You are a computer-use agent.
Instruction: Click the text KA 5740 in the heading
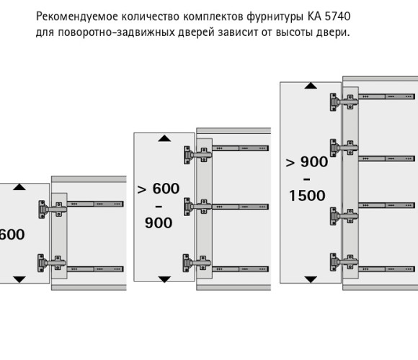(x=329, y=17)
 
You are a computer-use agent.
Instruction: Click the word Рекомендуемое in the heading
(x=77, y=17)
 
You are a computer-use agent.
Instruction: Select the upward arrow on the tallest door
(x=311, y=86)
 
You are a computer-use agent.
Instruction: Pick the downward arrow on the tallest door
(x=311, y=279)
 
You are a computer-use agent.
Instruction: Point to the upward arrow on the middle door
(x=164, y=138)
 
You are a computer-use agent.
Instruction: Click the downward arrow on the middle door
(x=164, y=279)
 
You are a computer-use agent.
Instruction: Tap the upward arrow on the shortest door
(x=19, y=187)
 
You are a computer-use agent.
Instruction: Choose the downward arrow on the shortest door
(x=19, y=279)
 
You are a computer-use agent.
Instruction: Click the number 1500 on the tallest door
(x=307, y=196)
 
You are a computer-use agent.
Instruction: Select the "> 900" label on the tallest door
(x=306, y=161)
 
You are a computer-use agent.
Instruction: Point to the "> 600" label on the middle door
(x=158, y=189)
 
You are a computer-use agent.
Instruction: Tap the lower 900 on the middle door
(x=159, y=223)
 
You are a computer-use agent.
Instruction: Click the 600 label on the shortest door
(x=12, y=234)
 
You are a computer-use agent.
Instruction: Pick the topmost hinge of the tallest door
(x=344, y=102)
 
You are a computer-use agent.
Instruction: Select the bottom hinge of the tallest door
(x=344, y=262)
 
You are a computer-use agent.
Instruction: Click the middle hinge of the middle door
(x=197, y=207)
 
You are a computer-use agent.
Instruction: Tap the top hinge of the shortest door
(x=53, y=210)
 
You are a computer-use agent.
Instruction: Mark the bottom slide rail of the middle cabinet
(x=240, y=269)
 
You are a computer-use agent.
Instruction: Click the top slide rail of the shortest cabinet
(x=95, y=204)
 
